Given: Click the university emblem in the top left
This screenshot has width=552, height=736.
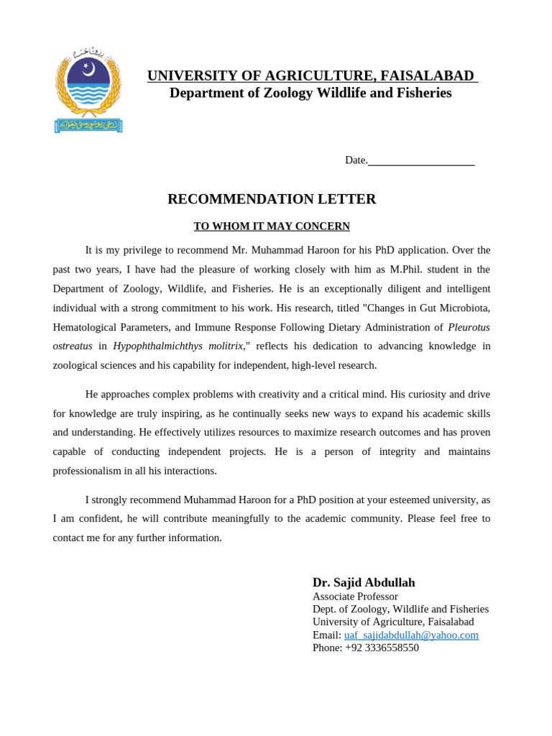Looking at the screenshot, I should click(88, 91).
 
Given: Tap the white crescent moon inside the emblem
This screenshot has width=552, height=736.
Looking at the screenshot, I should click(89, 70).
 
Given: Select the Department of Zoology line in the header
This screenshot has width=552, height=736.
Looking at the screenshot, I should click(310, 93).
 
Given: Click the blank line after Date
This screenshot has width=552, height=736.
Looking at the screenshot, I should click(421, 161).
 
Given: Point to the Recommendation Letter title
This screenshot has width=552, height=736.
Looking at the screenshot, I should click(272, 199).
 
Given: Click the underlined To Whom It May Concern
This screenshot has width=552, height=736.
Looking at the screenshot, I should click(272, 226).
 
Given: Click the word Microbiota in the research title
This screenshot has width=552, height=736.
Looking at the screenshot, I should click(464, 308).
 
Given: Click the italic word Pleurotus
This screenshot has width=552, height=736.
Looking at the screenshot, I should click(469, 327).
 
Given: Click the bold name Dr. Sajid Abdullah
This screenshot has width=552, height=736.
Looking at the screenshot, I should click(364, 582).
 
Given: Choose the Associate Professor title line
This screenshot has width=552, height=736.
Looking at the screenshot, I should click(355, 597).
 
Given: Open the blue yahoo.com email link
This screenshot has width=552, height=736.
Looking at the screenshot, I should click(411, 635).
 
